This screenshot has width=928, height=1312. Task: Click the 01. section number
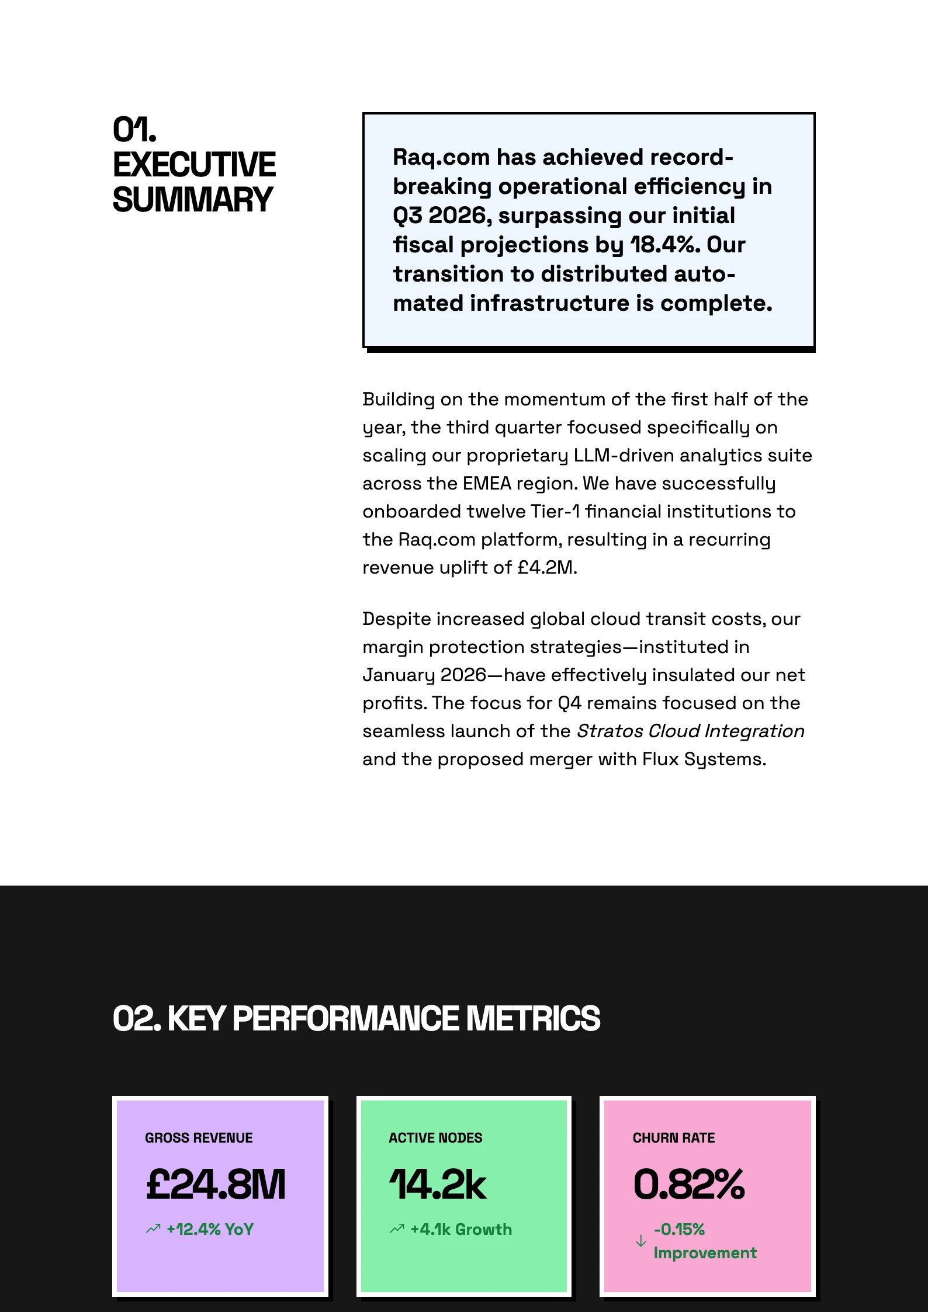[134, 130]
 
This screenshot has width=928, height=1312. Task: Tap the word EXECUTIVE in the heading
[194, 165]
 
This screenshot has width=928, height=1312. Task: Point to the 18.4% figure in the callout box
[664, 245]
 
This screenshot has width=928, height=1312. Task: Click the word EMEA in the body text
[487, 483]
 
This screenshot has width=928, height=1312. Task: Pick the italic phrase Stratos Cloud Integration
[690, 731]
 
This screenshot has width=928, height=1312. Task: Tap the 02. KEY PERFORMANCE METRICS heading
[356, 1018]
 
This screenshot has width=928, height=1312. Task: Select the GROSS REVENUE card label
[199, 1137]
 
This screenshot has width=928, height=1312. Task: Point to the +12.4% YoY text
[210, 1229]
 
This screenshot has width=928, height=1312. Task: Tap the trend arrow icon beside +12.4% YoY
[153, 1229]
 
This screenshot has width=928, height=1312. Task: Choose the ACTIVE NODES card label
[435, 1137]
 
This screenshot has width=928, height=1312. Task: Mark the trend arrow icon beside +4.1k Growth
[397, 1229]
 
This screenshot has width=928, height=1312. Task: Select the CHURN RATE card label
[673, 1137]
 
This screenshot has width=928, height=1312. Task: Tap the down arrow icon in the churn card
[640, 1241]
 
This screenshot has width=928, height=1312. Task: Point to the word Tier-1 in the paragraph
[555, 511]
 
